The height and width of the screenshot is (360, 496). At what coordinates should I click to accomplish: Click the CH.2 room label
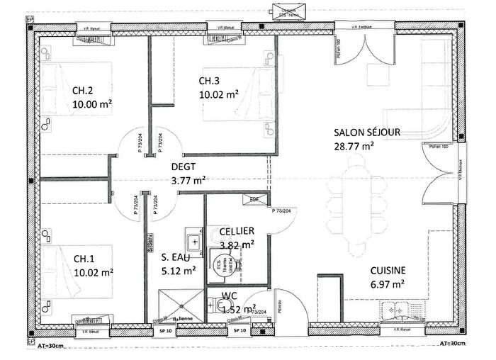tap(83, 90)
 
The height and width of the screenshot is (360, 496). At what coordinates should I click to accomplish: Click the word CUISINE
tap(387, 270)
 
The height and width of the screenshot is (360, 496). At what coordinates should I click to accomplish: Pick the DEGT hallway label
tap(184, 167)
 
